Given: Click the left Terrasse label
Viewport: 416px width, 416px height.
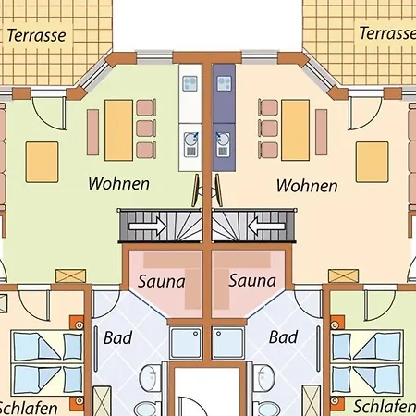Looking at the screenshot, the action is [36, 35].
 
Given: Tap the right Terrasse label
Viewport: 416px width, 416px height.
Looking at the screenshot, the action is [387, 33].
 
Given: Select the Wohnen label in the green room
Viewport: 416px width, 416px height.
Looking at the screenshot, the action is [118, 183].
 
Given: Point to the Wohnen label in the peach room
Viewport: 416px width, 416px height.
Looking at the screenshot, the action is [307, 186].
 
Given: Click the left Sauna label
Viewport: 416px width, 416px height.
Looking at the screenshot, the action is [161, 281].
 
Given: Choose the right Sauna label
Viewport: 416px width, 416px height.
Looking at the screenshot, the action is [252, 280].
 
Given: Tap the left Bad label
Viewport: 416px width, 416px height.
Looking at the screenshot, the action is [117, 337].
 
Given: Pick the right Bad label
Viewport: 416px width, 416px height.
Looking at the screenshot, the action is [283, 336].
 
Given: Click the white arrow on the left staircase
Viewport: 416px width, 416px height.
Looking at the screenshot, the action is [148, 226].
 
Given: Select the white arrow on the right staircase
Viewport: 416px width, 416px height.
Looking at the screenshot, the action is [266, 226].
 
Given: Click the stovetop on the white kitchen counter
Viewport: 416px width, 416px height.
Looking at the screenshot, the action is [190, 83].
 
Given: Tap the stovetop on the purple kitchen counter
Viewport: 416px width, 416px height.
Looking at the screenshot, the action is [225, 83].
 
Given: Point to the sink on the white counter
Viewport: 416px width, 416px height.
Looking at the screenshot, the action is [191, 144].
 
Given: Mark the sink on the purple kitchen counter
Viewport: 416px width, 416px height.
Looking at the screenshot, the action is [223, 144].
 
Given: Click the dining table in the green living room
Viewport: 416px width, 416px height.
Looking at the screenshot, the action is [118, 130].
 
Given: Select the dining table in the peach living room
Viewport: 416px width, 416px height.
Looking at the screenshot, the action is [295, 130].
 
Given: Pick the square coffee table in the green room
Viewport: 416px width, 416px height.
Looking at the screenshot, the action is [42, 162].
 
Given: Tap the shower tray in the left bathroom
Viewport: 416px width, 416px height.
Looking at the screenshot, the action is [186, 344].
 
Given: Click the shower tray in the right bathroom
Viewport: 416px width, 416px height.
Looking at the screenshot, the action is [228, 344].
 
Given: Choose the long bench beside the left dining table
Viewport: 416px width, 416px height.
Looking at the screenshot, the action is [92, 132].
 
